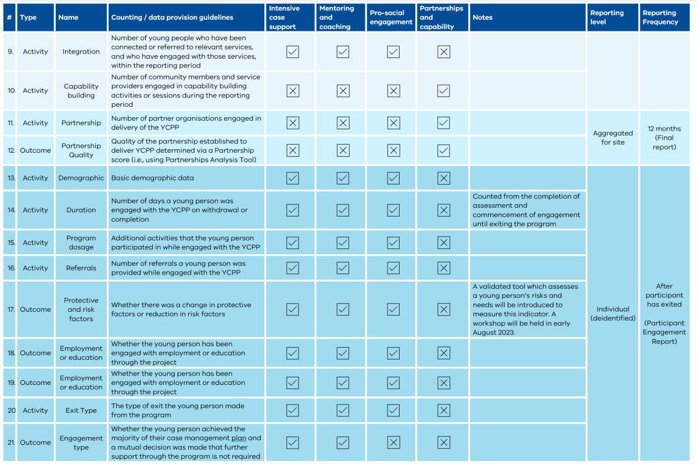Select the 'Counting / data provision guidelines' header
172,17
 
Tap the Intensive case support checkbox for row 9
293,52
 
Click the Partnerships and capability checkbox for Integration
444,52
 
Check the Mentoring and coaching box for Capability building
343,91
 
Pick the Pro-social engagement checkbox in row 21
393,442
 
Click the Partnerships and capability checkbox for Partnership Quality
444,150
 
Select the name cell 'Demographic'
81,178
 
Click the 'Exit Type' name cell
81,410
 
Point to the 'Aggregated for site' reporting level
613,138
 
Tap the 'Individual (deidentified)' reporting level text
613,313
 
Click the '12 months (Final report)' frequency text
664,138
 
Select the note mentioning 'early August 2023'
526,309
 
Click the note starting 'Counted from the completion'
526,210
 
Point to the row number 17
11,309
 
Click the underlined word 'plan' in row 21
239,438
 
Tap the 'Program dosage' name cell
81,243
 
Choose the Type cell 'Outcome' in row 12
35,150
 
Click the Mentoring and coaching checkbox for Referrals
343,268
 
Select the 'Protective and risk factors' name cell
81,309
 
